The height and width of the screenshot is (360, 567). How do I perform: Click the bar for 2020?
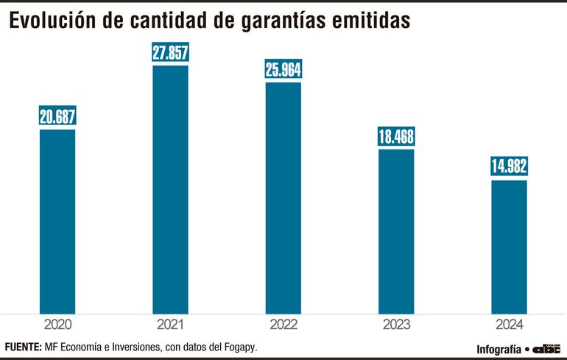57,221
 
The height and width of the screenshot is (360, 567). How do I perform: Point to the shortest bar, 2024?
509,246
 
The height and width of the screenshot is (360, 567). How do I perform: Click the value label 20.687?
57,116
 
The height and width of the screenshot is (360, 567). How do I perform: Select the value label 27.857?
170,53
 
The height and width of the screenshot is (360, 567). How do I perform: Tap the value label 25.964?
283,70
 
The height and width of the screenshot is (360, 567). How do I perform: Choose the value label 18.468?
396,137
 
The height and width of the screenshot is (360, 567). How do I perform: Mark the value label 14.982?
509,167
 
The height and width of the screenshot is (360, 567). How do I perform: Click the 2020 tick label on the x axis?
57,323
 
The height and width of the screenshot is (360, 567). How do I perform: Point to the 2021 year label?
170,323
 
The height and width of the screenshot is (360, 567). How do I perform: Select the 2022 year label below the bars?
283,323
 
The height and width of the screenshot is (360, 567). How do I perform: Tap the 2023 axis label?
396,323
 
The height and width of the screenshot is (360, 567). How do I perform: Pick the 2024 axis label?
509,323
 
